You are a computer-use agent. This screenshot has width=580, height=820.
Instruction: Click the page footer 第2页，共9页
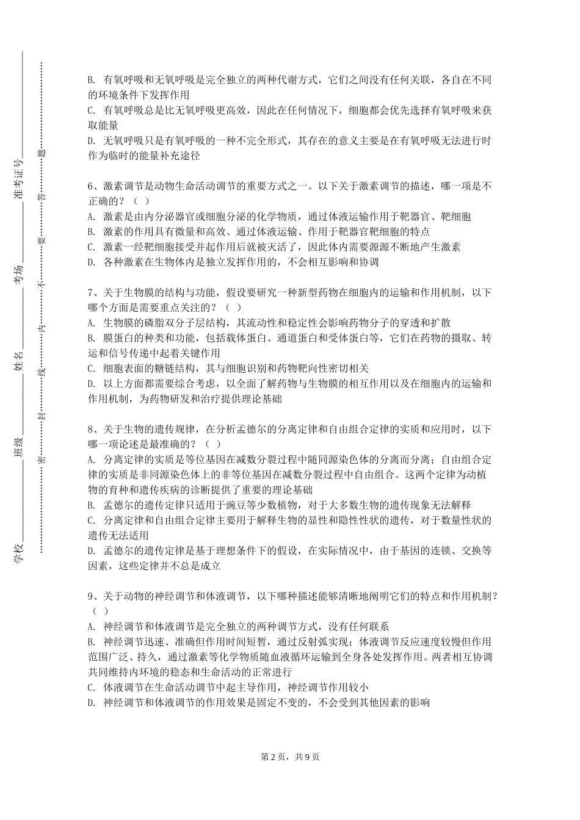tap(290, 757)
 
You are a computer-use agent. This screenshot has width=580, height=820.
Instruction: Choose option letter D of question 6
tap(92, 262)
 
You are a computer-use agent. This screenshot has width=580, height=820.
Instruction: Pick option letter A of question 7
tap(92, 323)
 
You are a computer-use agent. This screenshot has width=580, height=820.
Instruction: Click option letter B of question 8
tap(92, 505)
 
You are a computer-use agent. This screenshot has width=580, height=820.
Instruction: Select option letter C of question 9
tap(92, 687)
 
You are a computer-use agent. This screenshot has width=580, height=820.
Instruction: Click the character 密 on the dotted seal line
tap(41, 458)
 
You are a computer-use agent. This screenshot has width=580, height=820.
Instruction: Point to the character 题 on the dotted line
tap(41, 153)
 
